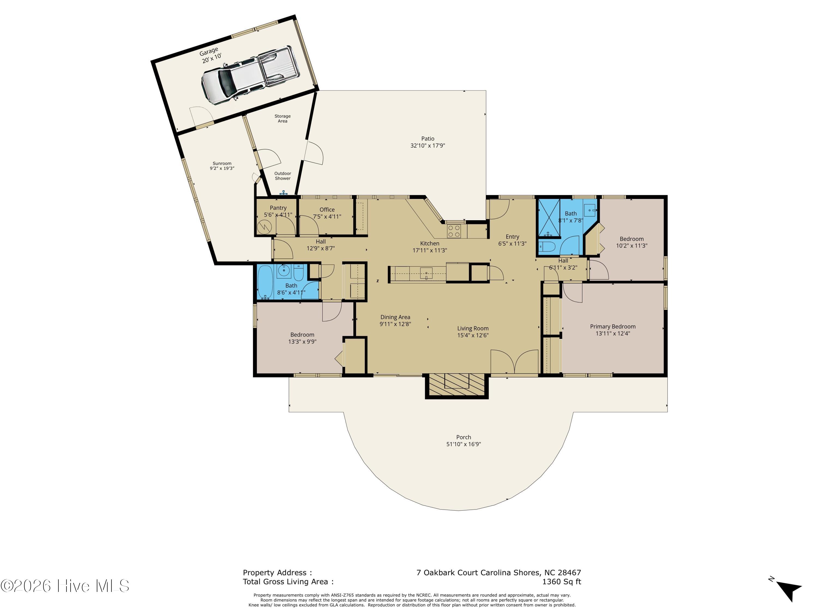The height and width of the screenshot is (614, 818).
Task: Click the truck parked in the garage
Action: (250, 75)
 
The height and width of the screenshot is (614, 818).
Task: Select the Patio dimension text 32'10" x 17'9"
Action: (428, 146)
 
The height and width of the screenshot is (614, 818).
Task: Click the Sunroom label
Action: (222, 163)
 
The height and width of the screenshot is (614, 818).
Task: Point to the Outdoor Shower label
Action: (282, 176)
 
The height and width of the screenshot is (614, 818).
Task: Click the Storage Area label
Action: (282, 118)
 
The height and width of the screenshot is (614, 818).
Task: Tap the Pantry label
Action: (278, 208)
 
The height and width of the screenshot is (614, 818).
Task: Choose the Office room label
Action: (327, 210)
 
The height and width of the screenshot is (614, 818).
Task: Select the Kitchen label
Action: (430, 243)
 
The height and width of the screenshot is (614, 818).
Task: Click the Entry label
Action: (512, 237)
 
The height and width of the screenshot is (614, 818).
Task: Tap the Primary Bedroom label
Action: (613, 326)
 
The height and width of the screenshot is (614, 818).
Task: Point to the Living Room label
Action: (473, 328)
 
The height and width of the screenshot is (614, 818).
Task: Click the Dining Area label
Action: (395, 317)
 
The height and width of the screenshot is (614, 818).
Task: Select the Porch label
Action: (463, 437)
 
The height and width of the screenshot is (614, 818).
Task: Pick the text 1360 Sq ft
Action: (561, 582)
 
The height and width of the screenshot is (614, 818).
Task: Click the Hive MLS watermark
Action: (65, 586)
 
